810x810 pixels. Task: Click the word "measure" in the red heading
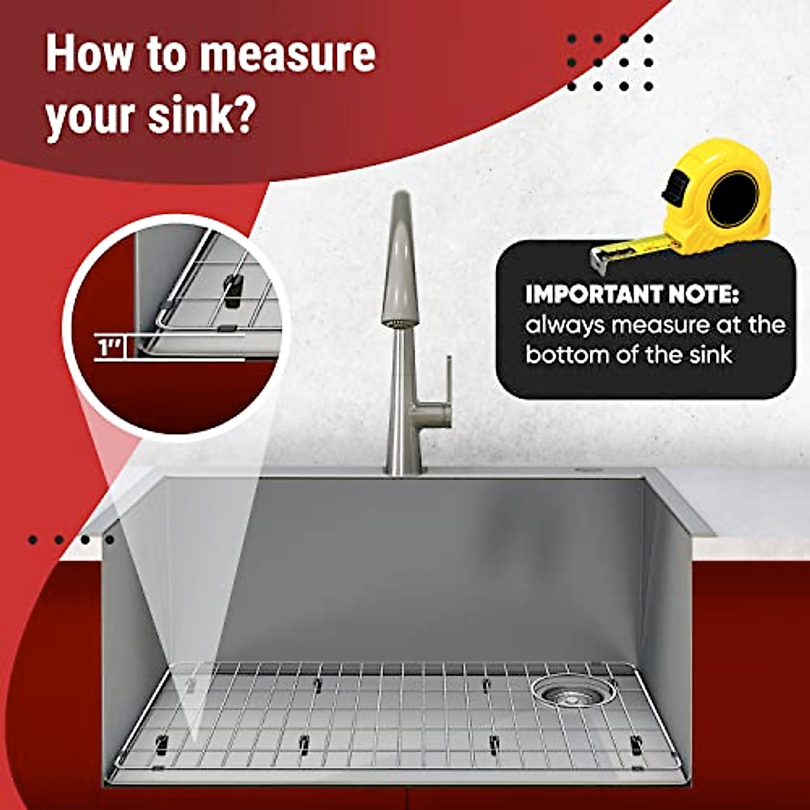coord(286,55)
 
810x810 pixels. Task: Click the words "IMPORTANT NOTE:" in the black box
coord(632,294)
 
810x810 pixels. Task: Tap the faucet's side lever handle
coord(447,385)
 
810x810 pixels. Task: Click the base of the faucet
coord(404,466)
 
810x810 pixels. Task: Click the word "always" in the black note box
coord(565,325)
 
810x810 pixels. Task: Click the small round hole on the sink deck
coord(585,468)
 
